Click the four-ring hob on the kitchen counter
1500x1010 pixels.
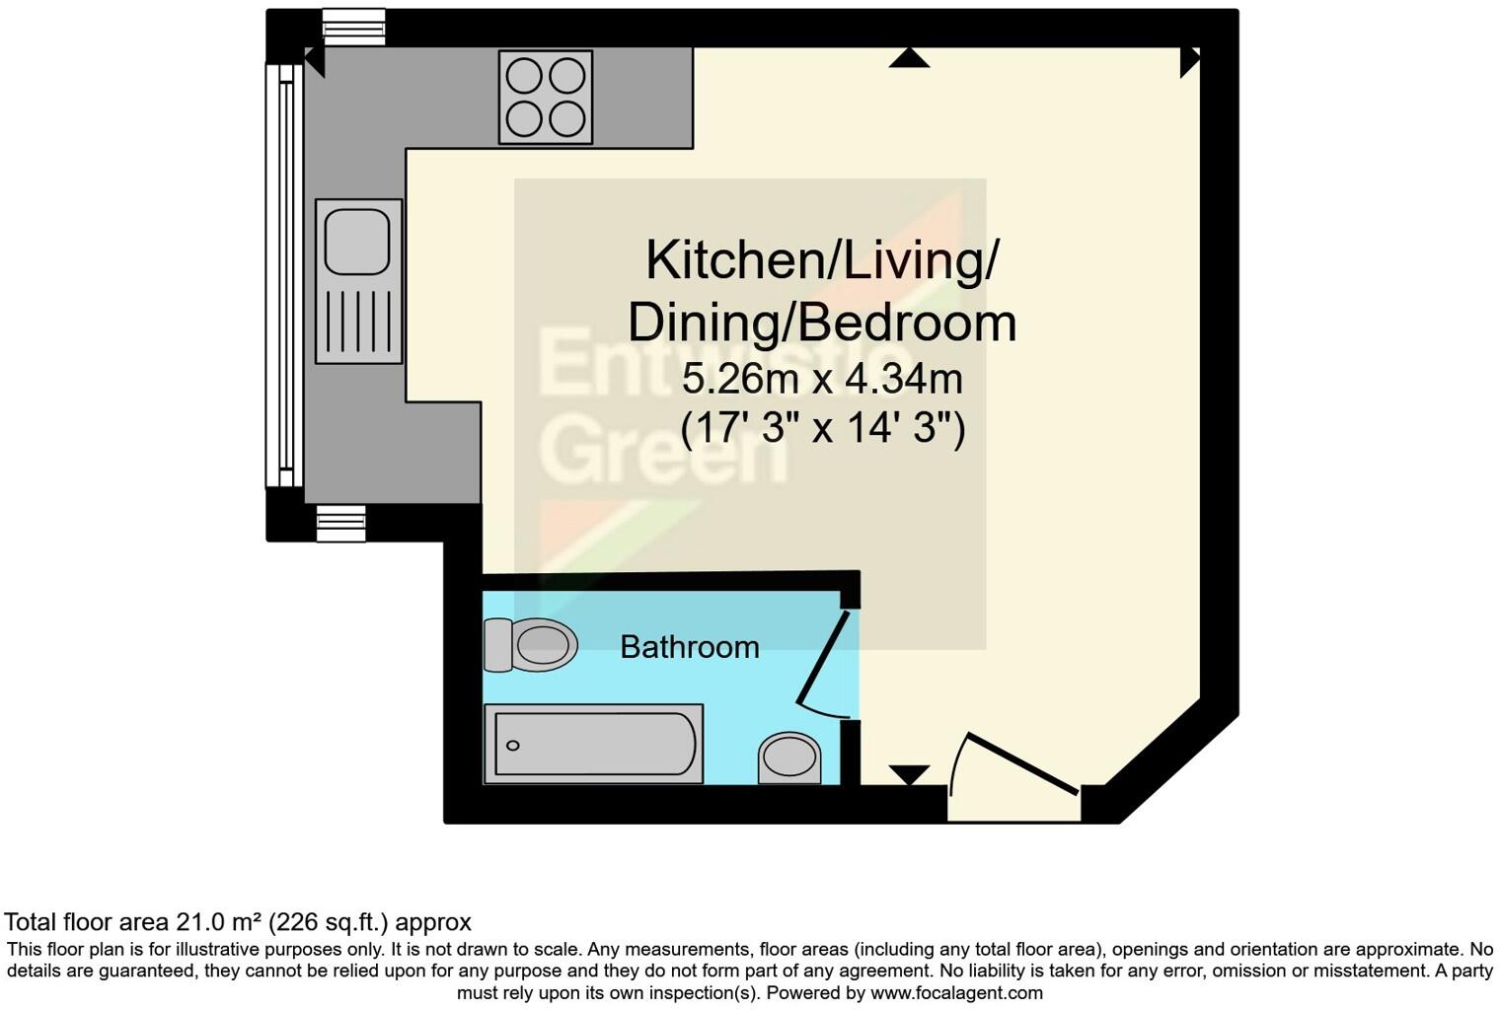point(546,97)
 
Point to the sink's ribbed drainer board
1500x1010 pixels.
point(358,321)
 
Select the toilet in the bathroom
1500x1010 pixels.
point(531,645)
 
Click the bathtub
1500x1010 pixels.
point(593,745)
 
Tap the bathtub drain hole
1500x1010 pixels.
point(512,746)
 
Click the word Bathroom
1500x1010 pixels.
point(690,647)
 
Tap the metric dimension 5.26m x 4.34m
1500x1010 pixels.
point(822,378)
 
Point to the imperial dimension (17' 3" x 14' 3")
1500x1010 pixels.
point(822,428)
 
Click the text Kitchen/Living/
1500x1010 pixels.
point(822,260)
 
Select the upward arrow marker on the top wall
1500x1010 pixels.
point(909,58)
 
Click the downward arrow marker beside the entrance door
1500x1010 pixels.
point(909,774)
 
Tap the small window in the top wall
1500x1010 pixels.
point(353,27)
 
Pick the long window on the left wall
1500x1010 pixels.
point(284,275)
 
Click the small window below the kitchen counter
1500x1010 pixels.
point(340,523)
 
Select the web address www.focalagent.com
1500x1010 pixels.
point(956,993)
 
